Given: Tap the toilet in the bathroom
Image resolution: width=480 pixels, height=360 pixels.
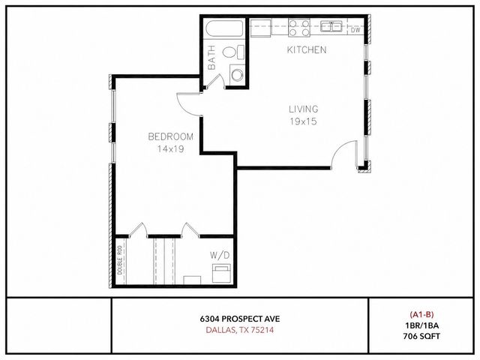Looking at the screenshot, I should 238,52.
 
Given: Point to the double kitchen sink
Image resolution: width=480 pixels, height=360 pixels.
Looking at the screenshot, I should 332,26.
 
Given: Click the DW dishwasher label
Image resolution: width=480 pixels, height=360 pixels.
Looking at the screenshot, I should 355,30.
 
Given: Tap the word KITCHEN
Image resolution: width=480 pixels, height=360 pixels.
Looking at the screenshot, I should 306,50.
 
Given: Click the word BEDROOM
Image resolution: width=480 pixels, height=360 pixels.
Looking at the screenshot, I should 171,136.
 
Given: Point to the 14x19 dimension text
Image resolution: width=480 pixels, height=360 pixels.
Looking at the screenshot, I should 171,148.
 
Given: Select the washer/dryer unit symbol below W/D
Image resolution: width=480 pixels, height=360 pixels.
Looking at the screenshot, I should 222,271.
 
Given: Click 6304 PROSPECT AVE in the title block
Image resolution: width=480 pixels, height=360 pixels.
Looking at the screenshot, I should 240,318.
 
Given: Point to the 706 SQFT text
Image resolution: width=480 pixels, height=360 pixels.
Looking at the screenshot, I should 424,334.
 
